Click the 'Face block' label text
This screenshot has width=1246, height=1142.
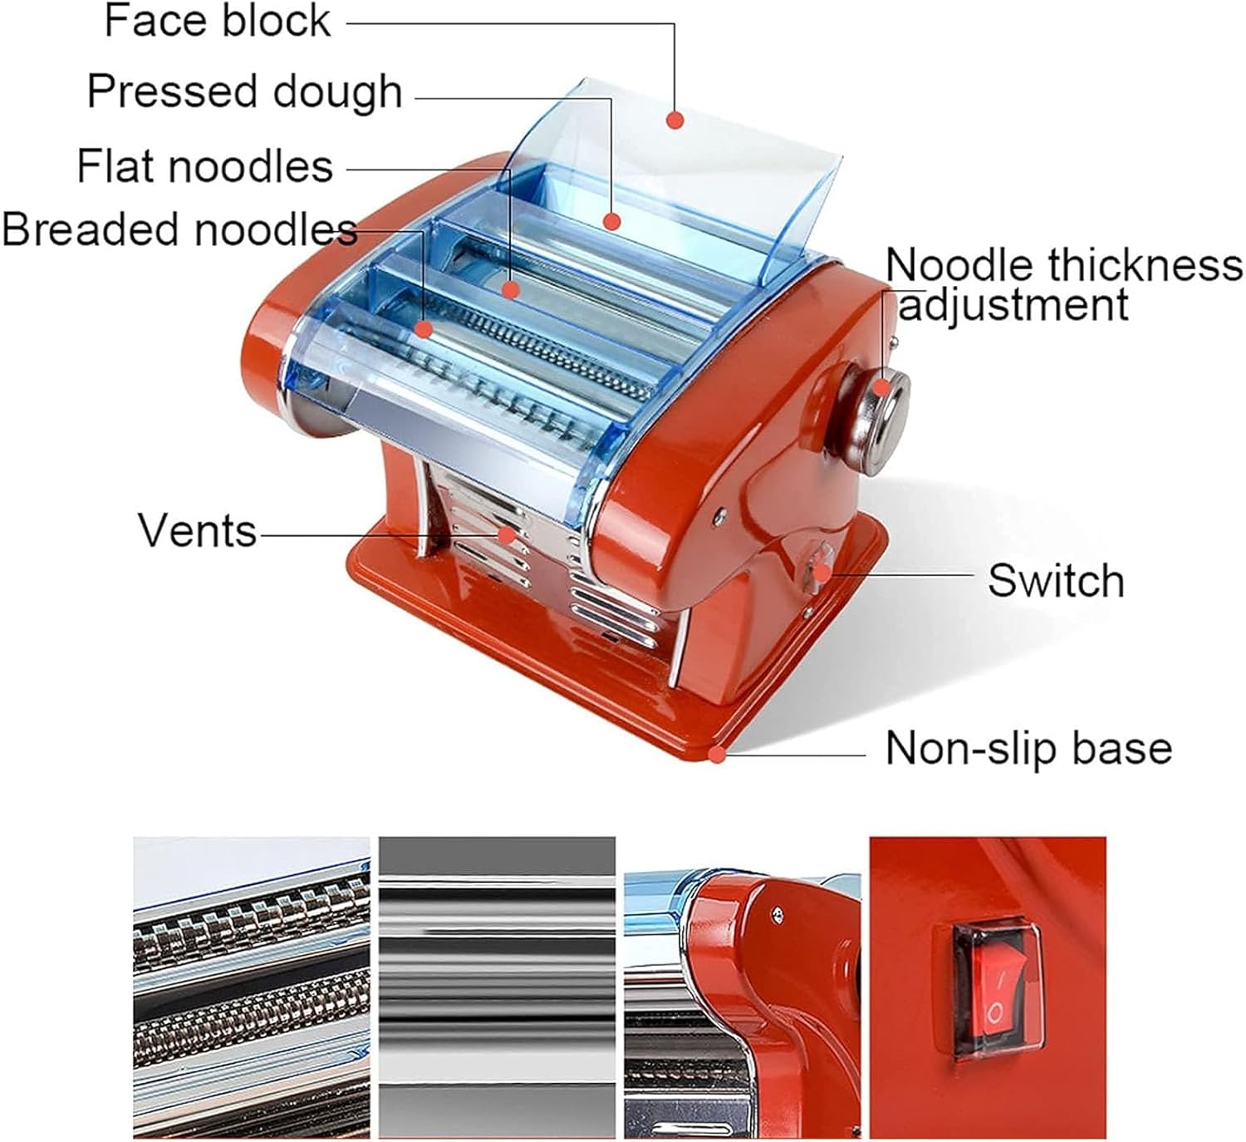click(218, 21)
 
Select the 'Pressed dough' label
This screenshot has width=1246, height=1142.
click(244, 91)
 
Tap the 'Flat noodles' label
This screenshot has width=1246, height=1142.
click(204, 165)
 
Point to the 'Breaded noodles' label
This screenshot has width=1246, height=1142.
click(179, 229)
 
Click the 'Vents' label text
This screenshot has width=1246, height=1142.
click(197, 530)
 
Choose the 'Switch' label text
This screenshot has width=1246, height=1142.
click(1056, 580)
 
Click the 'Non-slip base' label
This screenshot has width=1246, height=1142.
click(1028, 748)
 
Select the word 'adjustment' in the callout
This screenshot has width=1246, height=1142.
click(1013, 304)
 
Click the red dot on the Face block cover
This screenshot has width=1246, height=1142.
click(675, 121)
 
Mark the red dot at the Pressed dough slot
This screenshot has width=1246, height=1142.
click(612, 221)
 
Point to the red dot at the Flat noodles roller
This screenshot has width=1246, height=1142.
click(511, 289)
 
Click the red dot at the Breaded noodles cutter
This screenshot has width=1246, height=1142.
click(424, 329)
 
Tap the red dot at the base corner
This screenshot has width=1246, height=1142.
click(716, 755)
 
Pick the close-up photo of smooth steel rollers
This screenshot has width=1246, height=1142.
click(497, 987)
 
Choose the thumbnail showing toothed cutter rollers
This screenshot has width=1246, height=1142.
click(251, 987)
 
